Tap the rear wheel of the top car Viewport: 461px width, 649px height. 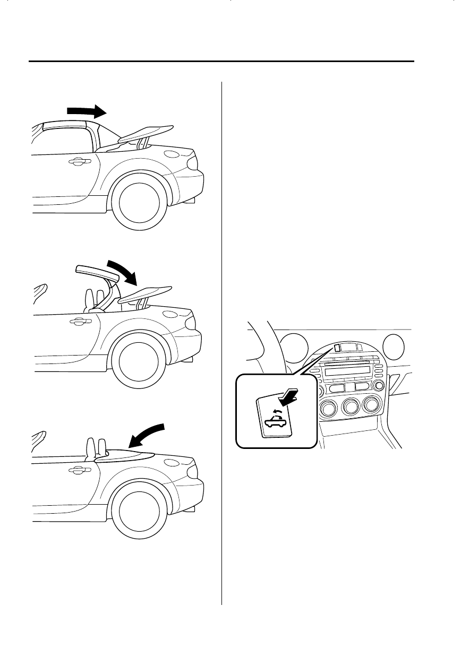[139, 202]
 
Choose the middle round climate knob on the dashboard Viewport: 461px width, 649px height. [352, 408]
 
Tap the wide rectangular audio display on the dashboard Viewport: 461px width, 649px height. [348, 372]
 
